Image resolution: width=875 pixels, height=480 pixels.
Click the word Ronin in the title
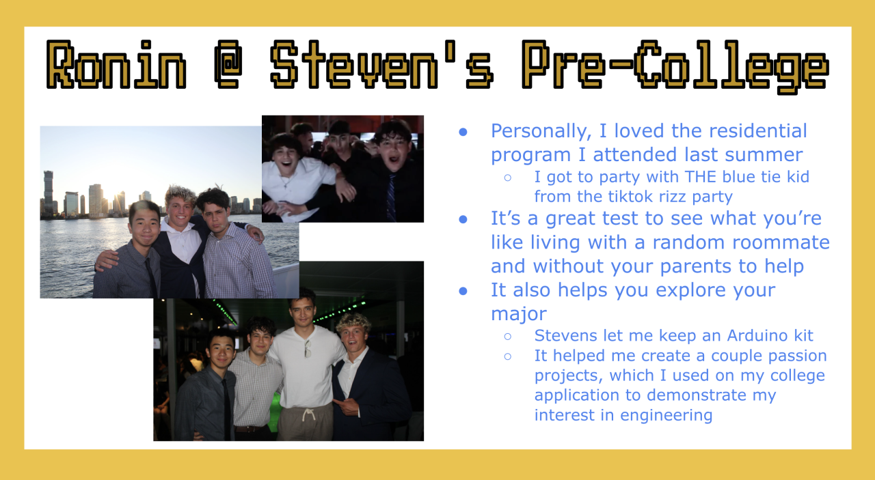(116, 65)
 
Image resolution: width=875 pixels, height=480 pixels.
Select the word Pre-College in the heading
(675, 67)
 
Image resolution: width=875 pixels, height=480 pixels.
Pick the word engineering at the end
(667, 415)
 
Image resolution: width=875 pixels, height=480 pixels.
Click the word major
(518, 314)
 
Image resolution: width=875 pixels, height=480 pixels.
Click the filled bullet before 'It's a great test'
(463, 219)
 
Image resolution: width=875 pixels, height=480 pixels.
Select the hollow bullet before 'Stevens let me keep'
(508, 337)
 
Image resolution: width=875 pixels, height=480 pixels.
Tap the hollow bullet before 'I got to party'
(508, 178)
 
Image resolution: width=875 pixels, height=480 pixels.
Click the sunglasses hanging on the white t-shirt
(308, 348)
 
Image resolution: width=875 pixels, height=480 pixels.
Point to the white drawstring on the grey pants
(308, 415)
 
